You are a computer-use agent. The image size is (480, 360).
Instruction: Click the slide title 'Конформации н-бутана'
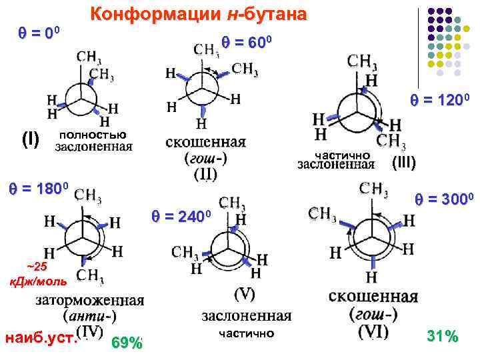tap(199, 15)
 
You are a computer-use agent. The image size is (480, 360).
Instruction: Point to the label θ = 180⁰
tap(37, 188)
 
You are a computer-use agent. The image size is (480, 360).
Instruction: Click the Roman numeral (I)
tap(31, 139)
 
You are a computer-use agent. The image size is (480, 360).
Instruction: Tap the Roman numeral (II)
tap(205, 174)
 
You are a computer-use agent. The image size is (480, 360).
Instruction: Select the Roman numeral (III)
tap(404, 161)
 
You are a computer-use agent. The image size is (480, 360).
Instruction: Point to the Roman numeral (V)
tap(245, 293)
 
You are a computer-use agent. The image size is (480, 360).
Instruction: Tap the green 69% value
tap(127, 343)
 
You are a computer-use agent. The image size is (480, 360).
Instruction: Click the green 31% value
tap(442, 337)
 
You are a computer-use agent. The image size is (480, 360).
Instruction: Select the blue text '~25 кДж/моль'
tap(28, 274)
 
